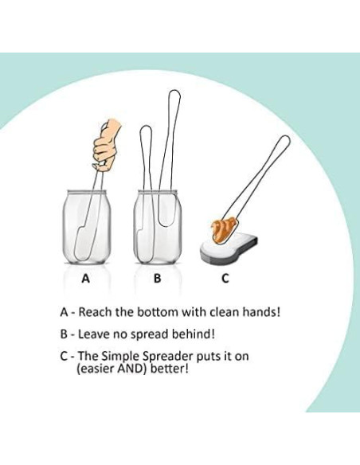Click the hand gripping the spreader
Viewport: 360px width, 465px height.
point(106,145)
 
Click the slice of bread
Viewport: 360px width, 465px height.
point(229,248)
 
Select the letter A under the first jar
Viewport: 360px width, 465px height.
point(85,279)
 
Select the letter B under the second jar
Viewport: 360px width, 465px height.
point(157,279)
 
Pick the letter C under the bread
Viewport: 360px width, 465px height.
point(225,279)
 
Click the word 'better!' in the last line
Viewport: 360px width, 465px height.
point(170,369)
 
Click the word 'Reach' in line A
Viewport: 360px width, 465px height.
point(95,312)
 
